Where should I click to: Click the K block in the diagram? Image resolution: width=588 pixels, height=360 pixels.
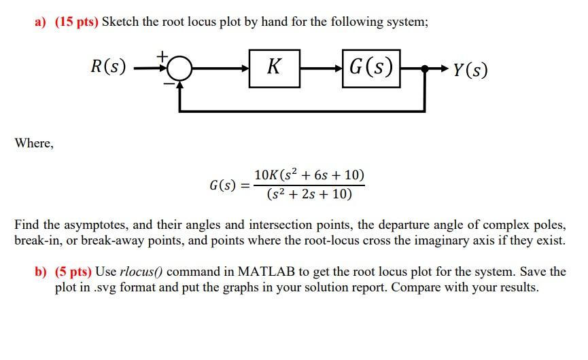(274, 68)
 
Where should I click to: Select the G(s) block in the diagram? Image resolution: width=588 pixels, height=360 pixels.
(371, 68)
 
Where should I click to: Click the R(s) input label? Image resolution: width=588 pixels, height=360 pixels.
(109, 67)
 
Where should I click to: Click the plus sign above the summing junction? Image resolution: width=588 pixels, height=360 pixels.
(162, 54)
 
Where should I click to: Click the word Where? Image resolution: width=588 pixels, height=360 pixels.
(33, 143)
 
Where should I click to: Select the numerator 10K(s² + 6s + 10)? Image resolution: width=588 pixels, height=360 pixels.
(309, 175)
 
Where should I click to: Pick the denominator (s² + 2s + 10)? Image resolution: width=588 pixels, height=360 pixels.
(309, 194)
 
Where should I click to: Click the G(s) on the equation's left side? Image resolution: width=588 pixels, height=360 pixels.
(223, 185)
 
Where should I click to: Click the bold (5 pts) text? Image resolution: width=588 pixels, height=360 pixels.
(69, 272)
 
